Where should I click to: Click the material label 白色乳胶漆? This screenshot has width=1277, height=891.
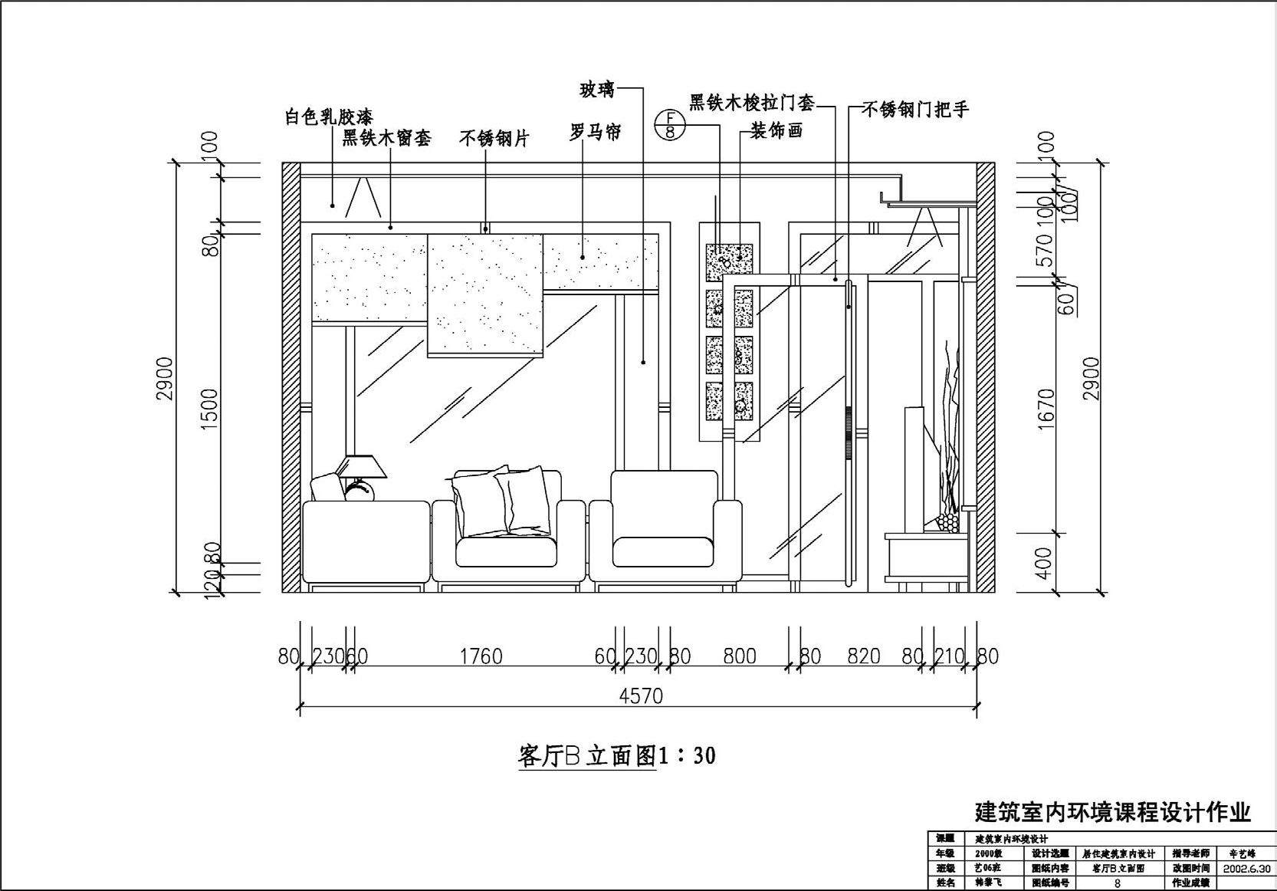point(328,117)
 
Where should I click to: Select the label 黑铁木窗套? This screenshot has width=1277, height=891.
point(386,138)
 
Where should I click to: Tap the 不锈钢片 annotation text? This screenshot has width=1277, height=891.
point(494,139)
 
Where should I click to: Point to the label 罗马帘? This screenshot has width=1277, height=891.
point(595,132)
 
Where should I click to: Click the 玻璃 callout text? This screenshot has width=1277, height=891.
point(597,90)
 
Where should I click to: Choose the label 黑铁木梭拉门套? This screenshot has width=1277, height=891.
point(751,103)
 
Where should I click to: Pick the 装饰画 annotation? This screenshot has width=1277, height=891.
point(776,131)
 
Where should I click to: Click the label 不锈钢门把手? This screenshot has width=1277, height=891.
point(915,110)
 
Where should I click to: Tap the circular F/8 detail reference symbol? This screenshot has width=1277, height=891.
point(670,124)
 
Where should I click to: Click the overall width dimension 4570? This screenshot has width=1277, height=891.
point(641,696)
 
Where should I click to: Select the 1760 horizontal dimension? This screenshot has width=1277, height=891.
point(481,656)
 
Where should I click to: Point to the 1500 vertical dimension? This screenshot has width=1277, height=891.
point(209,409)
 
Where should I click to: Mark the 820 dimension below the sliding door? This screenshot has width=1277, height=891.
point(863,656)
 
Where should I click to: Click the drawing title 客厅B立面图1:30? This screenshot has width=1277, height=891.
point(617,756)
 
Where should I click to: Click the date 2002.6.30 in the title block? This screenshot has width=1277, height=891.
point(1246,869)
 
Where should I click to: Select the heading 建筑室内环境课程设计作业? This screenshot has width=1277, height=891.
point(1112,812)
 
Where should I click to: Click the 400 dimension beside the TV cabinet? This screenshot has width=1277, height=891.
point(1046,562)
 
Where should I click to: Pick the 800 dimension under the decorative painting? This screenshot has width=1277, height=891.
point(739,656)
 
